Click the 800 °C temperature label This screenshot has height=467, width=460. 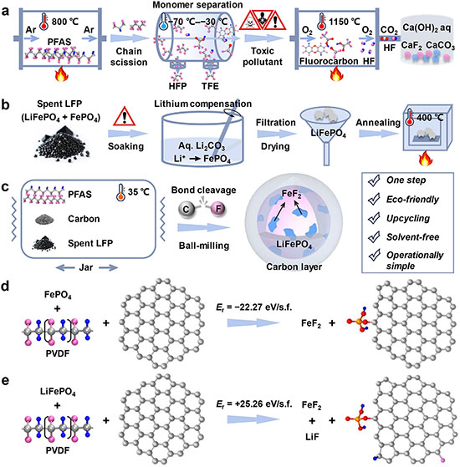click(x=65, y=22)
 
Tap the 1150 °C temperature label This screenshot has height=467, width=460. click(x=344, y=22)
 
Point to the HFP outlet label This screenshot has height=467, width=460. click(x=177, y=86)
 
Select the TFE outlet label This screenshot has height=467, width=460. click(x=210, y=86)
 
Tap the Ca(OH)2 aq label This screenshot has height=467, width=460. click(x=427, y=28)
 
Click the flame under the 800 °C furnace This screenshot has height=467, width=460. click(x=61, y=74)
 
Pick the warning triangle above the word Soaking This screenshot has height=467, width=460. click(x=125, y=116)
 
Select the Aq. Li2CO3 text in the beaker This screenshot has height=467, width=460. click(x=202, y=146)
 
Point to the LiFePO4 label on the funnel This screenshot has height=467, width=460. click(x=328, y=134)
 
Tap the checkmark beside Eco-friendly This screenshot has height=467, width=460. click(x=374, y=200)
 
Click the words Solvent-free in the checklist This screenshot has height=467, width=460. click(x=412, y=236)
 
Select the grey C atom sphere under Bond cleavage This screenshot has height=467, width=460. click(x=186, y=209)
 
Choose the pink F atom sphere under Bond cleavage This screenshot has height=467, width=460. click(x=218, y=209)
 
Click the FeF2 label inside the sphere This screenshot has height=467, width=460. click(x=291, y=195)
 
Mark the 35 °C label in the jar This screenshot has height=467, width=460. click(x=139, y=192)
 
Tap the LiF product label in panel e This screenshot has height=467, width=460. click(x=312, y=437)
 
